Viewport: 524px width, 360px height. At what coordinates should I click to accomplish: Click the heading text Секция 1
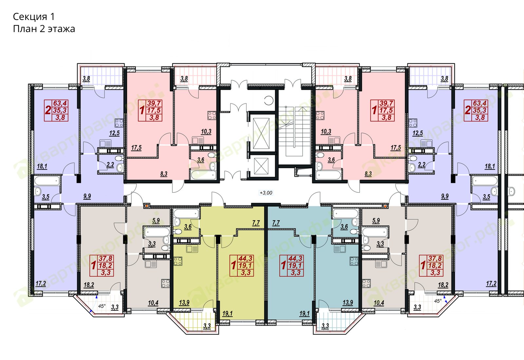coord(34,17)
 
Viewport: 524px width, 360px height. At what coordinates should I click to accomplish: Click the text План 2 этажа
coord(44,29)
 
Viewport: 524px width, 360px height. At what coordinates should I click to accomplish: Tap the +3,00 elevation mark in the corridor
coord(266,193)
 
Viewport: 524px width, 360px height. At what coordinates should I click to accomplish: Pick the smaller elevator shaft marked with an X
coord(261,166)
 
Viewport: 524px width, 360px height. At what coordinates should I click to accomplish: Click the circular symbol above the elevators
coord(269,100)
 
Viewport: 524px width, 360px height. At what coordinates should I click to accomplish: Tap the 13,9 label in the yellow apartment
coord(184,302)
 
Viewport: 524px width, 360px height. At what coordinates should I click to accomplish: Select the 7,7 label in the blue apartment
coord(276,223)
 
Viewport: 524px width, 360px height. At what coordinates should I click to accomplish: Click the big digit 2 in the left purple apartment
coord(48,110)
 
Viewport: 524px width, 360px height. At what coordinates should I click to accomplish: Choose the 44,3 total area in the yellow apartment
coord(245,258)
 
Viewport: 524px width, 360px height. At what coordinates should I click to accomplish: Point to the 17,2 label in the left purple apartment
coord(41,283)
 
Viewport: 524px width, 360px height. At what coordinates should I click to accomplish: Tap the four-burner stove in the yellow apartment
coord(178,261)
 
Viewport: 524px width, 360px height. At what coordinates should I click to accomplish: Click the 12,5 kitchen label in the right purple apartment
coord(418,133)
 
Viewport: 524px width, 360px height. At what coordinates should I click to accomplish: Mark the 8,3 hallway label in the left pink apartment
coord(164,174)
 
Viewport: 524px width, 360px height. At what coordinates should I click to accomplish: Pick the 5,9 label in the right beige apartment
coord(376,221)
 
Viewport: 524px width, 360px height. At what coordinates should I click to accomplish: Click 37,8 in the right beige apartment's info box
coord(435,258)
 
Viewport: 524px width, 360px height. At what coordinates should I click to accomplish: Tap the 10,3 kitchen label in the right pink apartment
coord(326,132)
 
